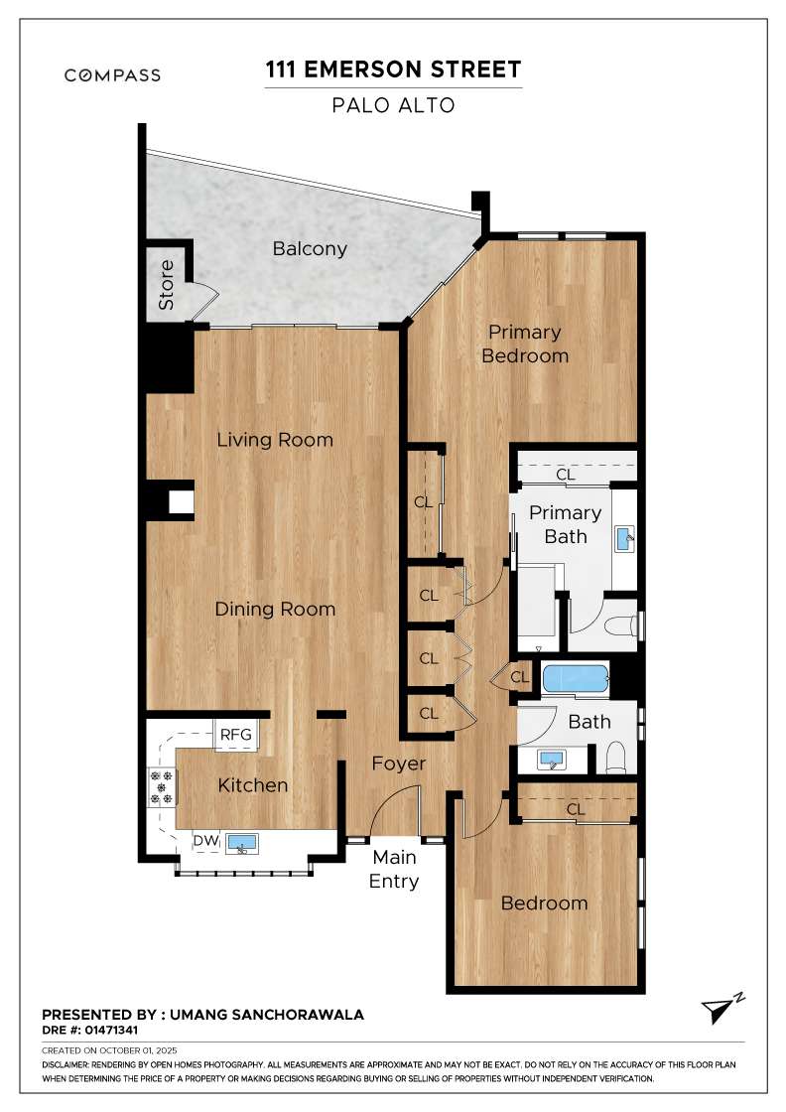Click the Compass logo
tap(112, 75)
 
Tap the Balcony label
tap(310, 249)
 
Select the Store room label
tap(166, 284)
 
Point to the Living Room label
tap(275, 440)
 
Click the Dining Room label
tap(275, 610)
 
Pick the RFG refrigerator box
tap(236, 735)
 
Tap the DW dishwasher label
tap(206, 840)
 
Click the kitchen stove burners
tap(162, 788)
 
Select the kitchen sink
tap(242, 843)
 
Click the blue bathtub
tap(576, 679)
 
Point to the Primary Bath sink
tap(624, 539)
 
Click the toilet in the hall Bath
tap(616, 758)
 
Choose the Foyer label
tap(399, 764)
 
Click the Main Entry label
tap(394, 869)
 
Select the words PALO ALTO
tap(393, 105)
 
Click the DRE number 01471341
tap(111, 1030)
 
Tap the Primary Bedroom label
tap(525, 344)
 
